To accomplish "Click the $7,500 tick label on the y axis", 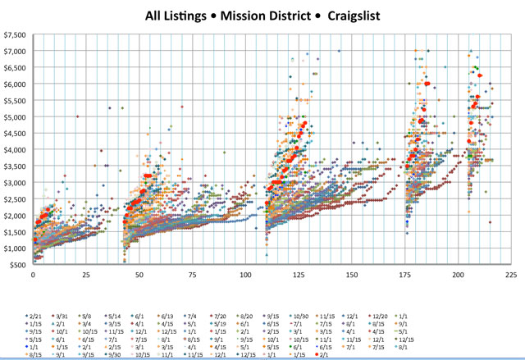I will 15,34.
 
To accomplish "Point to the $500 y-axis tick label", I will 18,265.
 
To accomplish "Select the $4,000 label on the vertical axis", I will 15,149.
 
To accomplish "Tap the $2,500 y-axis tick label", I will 15,199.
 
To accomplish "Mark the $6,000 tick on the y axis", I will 15,84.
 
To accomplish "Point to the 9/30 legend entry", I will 130,355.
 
